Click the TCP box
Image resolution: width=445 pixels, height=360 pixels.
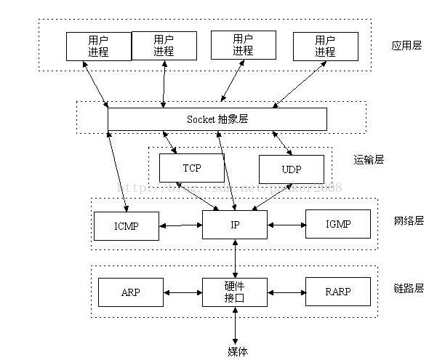[192, 169]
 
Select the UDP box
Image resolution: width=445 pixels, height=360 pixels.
[291, 169]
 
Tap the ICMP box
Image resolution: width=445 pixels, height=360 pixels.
[126, 225]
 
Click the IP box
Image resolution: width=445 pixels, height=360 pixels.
[235, 225]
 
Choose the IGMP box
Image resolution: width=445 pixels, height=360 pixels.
[338, 224]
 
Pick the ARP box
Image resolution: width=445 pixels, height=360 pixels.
[131, 292]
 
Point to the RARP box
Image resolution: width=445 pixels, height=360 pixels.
[338, 292]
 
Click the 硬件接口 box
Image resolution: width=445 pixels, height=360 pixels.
[235, 292]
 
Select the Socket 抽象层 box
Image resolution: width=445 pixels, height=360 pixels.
[217, 119]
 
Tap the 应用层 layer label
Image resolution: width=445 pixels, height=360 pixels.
[406, 45]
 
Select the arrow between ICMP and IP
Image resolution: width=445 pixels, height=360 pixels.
[180, 225]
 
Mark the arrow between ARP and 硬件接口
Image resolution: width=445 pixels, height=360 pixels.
[183, 292]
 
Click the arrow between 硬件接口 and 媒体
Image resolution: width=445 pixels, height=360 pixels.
[235, 325]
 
